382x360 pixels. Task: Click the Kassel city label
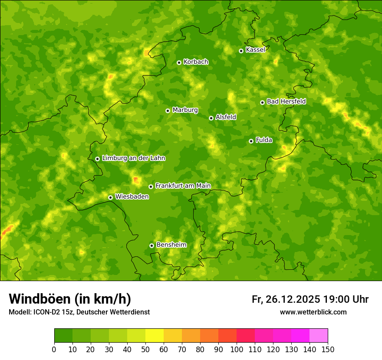click(255, 50)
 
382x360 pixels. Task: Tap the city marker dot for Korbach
click(179, 62)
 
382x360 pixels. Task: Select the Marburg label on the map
click(185, 110)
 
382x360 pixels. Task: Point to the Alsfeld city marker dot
click(211, 118)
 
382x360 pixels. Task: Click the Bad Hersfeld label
click(286, 101)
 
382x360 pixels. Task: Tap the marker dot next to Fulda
click(251, 141)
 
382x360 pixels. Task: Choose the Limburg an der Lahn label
click(133, 158)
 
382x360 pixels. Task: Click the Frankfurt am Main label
click(183, 186)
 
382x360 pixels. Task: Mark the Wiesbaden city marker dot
click(110, 197)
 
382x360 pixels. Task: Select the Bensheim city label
click(171, 245)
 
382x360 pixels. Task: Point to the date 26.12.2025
click(293, 299)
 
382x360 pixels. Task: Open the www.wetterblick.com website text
click(313, 312)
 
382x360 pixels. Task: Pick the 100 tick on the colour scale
click(237, 349)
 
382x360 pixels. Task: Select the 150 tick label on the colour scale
click(328, 349)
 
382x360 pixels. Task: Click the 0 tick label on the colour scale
click(54, 349)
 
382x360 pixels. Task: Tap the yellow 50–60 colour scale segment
click(155, 335)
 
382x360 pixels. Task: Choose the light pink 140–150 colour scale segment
click(319, 335)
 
